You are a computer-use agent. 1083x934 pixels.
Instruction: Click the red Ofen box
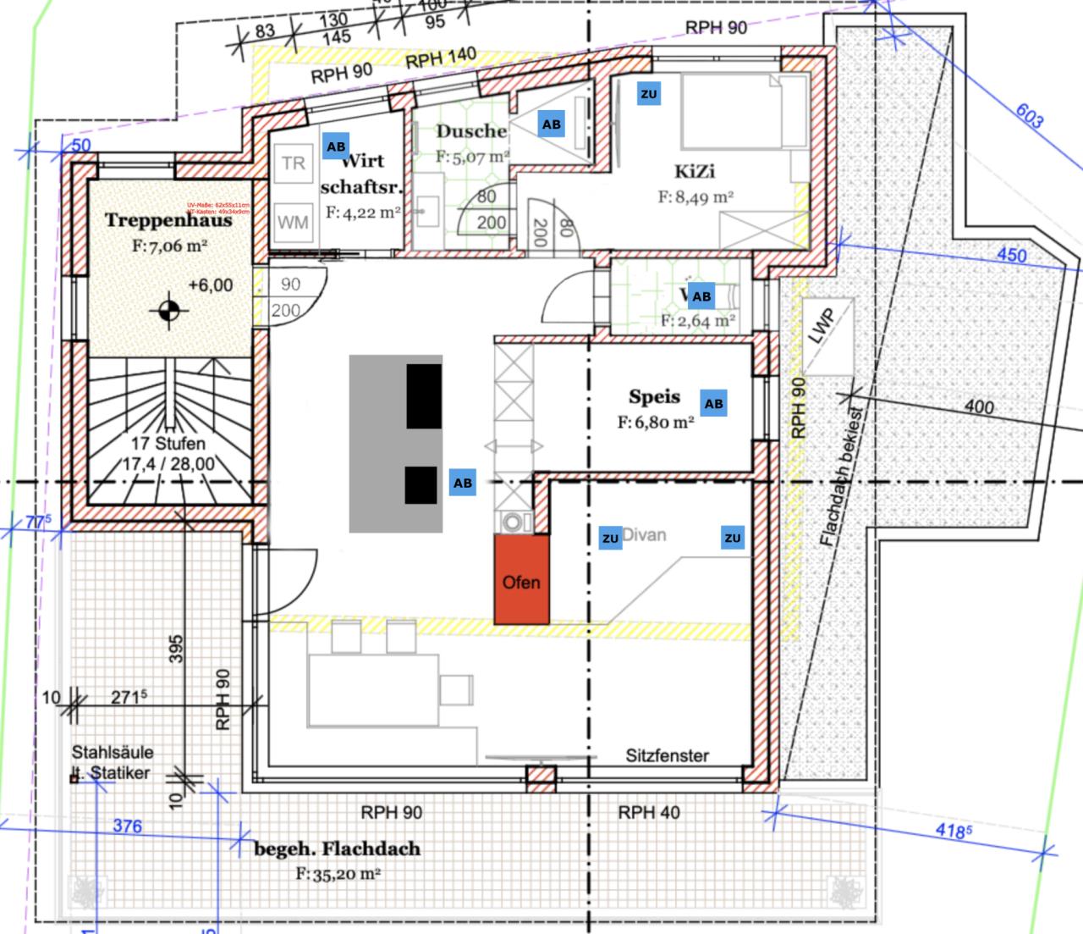[x=521, y=581]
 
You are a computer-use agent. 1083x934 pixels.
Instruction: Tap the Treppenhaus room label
[x=168, y=221]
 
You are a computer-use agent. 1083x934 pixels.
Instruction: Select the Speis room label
[x=654, y=397]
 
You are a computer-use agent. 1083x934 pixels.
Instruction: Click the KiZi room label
[x=694, y=172]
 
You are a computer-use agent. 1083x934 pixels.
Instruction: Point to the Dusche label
[x=471, y=131]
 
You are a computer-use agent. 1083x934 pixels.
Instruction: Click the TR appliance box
[x=293, y=163]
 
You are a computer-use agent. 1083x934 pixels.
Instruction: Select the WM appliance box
[x=293, y=223]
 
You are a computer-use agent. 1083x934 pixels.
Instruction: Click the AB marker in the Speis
[x=714, y=404]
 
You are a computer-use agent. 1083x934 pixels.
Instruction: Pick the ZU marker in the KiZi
[x=649, y=94]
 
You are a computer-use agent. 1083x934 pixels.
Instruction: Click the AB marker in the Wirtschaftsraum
[x=336, y=146]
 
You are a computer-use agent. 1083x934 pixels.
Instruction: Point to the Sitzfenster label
[x=668, y=756]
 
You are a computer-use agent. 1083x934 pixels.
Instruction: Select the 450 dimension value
[x=1011, y=255]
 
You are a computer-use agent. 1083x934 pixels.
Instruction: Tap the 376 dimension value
[x=127, y=826]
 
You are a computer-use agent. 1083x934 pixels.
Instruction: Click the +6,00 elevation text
[x=210, y=285]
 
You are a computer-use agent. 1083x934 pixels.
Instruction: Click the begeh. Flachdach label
[x=338, y=848]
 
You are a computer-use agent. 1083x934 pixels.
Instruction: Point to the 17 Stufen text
[x=168, y=444]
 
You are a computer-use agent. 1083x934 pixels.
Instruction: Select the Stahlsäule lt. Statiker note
[x=112, y=762]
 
